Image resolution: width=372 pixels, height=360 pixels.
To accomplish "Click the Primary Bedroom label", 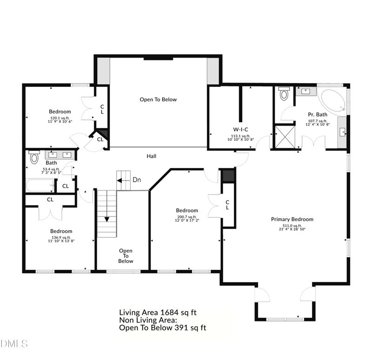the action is (292, 219).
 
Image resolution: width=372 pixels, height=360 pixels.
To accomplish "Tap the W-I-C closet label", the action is (240, 130).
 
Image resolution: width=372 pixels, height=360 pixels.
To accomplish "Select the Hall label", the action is (152, 156).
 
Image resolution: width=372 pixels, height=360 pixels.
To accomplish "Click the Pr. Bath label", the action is (318, 114).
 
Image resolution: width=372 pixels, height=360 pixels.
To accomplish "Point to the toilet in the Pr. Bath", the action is (284, 93).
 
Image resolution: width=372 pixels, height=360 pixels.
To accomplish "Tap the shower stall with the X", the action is (285, 137).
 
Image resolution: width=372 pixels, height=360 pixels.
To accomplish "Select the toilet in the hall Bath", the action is (34, 157).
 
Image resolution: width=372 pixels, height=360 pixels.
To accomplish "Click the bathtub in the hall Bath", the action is (40, 185).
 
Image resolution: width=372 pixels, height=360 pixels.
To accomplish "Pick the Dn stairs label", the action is (137, 180).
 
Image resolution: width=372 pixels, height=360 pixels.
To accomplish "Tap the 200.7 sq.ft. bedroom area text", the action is (187, 217).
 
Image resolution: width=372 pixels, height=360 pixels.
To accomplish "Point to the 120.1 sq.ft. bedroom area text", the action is (60, 118).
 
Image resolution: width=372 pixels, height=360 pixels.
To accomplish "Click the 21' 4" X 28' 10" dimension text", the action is (292, 229).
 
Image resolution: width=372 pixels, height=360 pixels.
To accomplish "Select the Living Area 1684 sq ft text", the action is (158, 312).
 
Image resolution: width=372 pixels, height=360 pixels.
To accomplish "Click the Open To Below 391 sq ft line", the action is (162, 328).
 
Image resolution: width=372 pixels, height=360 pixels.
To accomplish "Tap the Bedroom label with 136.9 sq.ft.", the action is (61, 231).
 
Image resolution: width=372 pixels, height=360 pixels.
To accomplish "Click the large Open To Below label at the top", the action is (158, 99).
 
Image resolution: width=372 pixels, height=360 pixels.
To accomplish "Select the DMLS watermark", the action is (14, 343).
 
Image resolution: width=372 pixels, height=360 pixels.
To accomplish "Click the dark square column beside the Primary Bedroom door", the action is (228, 176).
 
